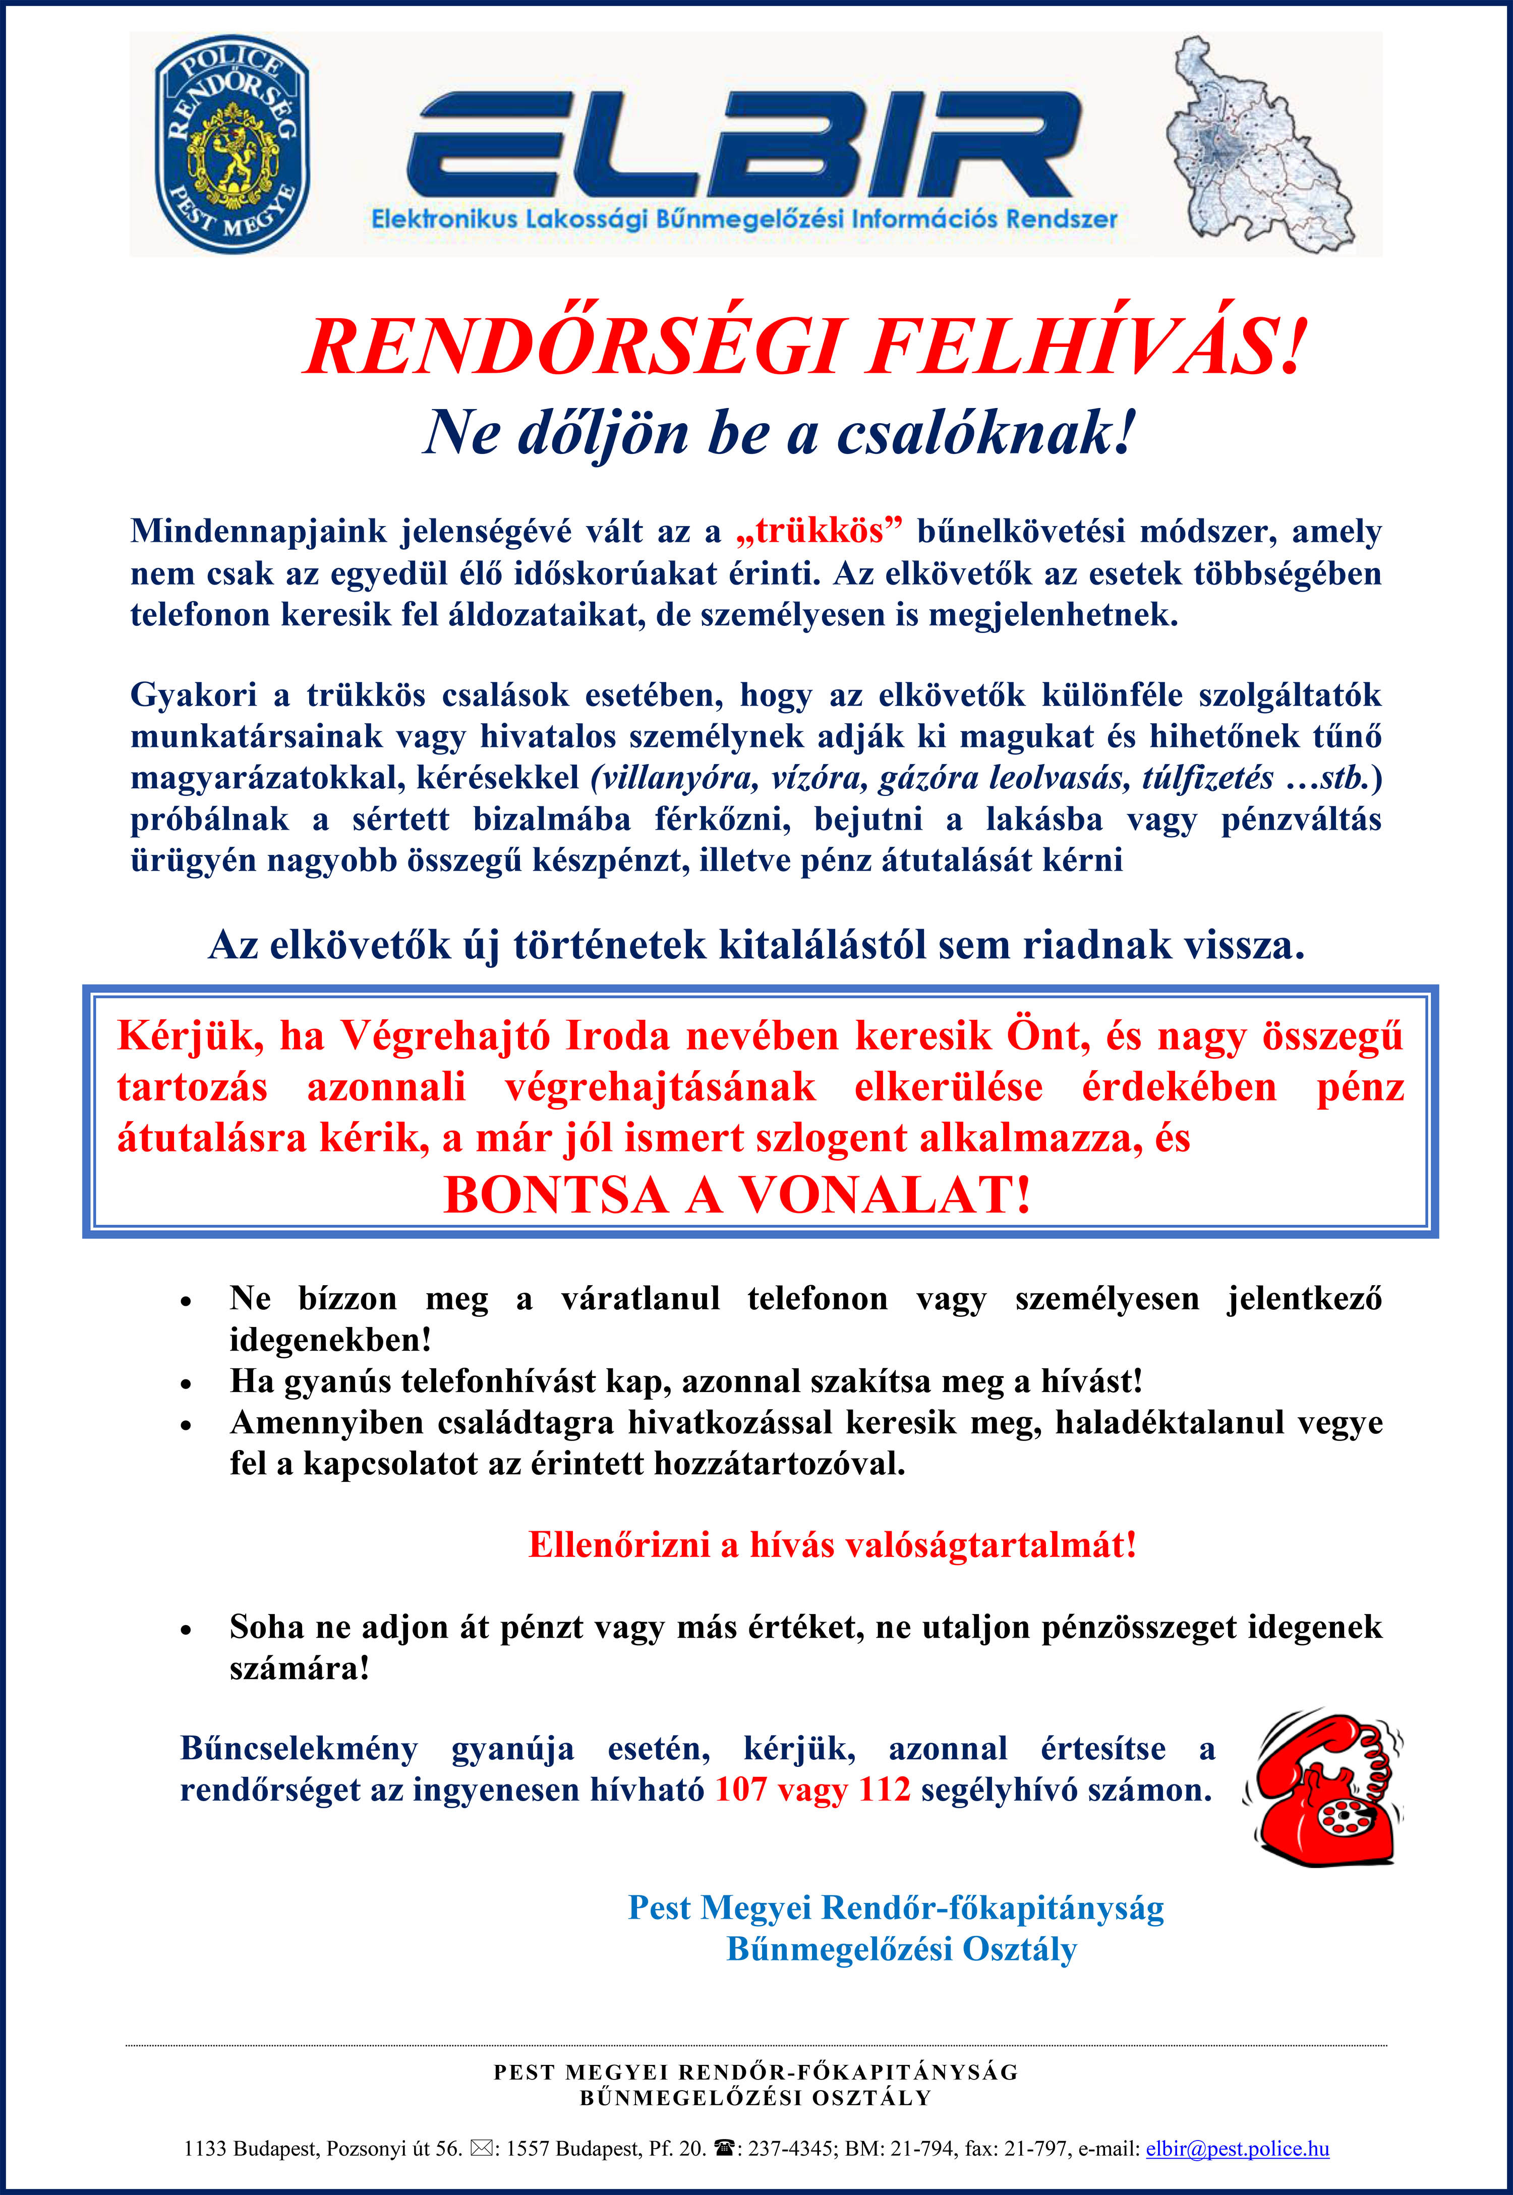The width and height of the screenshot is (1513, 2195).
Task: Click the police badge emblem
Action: click(232, 144)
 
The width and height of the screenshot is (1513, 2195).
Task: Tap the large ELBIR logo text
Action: click(744, 144)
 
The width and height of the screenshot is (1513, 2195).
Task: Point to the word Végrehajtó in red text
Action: click(445, 1036)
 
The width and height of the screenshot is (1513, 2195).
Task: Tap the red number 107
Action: click(740, 1789)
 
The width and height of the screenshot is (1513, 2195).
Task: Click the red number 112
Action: click(884, 1789)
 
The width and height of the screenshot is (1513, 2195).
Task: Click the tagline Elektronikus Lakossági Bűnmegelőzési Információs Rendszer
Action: click(744, 219)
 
